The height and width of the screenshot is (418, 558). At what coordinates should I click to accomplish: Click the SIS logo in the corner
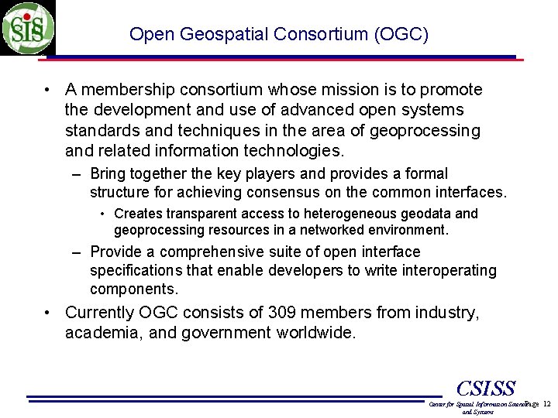(x=28, y=27)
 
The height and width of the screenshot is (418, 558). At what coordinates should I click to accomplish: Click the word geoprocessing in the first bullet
(x=425, y=130)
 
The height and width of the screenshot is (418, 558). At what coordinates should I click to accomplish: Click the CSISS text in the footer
(x=486, y=387)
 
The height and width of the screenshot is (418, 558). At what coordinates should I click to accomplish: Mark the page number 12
(x=546, y=405)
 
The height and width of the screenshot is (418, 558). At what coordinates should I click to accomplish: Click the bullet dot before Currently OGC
(x=49, y=313)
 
